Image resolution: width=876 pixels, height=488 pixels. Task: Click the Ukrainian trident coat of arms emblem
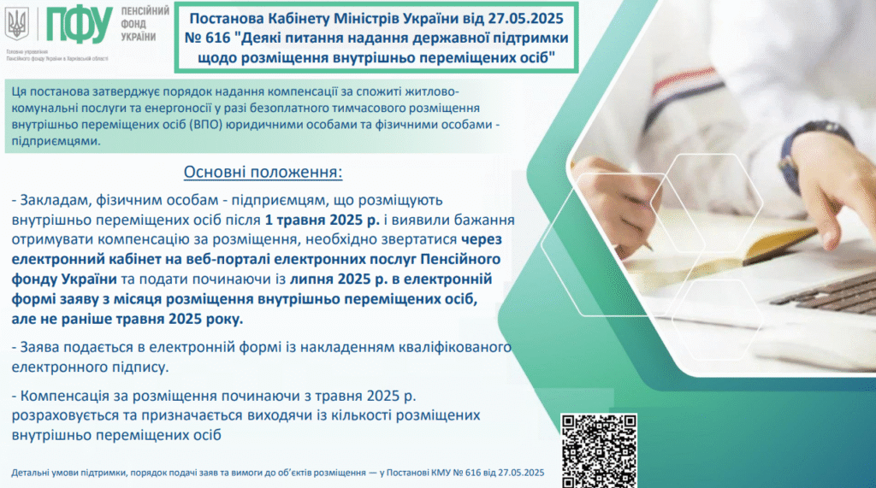tap(17, 24)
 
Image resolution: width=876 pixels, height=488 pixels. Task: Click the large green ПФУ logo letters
tap(80, 26)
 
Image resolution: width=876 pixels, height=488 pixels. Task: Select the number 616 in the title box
tap(218, 38)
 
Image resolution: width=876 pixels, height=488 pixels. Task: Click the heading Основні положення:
tap(263, 172)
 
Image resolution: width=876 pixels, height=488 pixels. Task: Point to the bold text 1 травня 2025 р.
tap(323, 220)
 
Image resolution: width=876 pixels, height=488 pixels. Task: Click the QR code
tap(599, 450)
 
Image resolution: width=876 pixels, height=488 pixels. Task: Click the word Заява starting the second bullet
tap(39, 347)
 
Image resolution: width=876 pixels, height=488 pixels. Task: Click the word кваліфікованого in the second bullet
tap(455, 347)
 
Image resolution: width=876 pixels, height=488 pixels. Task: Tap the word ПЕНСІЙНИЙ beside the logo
tap(145, 11)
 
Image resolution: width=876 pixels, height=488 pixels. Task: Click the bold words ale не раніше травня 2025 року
tap(127, 319)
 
